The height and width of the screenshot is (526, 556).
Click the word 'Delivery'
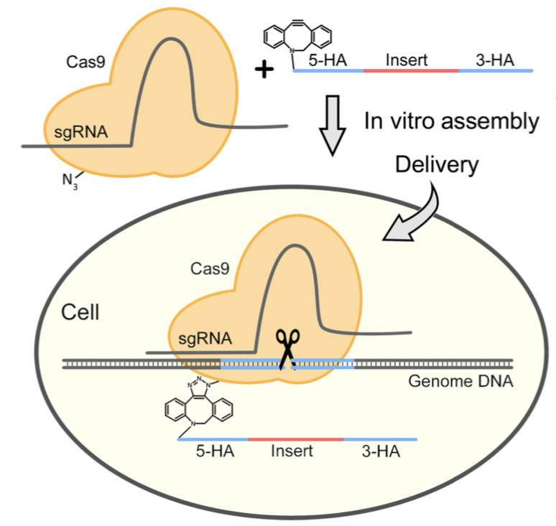(x=436, y=166)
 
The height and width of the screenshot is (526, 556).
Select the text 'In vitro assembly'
(x=451, y=121)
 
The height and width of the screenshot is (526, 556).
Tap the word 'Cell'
(x=80, y=314)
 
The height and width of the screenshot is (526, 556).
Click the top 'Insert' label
(x=406, y=60)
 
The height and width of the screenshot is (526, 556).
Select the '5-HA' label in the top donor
(x=326, y=60)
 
